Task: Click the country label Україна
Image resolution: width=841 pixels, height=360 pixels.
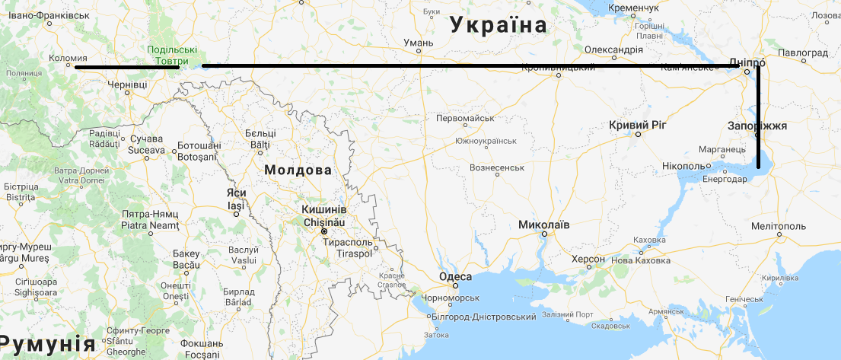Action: [x=499, y=24]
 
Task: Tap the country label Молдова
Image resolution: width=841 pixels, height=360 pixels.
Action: [x=298, y=170]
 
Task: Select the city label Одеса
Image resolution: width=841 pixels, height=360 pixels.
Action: [x=456, y=277]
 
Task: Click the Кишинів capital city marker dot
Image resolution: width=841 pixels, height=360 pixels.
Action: [x=324, y=231]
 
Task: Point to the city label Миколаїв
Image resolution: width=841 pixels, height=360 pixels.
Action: [x=543, y=225]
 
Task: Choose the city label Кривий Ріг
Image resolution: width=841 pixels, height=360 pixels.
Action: [x=638, y=125]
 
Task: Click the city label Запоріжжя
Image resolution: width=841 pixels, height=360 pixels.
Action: [x=757, y=126]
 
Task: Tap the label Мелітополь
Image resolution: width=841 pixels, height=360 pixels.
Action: [x=778, y=226]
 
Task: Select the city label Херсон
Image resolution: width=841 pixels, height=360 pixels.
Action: [x=588, y=260]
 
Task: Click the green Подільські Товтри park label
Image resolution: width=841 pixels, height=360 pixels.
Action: [x=171, y=55]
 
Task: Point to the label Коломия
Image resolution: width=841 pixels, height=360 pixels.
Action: [x=67, y=58]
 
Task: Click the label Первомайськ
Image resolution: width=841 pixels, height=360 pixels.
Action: [x=466, y=118]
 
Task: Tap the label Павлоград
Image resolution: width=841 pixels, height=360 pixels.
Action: [x=803, y=53]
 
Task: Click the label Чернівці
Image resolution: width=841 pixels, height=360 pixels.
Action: [x=126, y=85]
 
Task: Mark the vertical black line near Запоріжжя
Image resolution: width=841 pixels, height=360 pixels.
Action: [x=759, y=122]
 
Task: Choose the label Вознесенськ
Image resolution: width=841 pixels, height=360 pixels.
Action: [x=498, y=167]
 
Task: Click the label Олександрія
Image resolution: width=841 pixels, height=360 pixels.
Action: [x=613, y=50]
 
